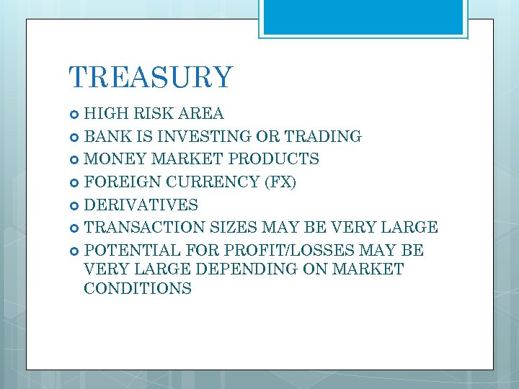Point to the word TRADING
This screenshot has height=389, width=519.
(x=324, y=137)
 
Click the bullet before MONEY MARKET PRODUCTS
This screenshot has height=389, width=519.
(x=75, y=159)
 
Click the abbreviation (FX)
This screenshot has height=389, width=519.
(x=280, y=182)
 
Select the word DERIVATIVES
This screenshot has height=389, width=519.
(x=141, y=205)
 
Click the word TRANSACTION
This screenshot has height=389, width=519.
(x=145, y=228)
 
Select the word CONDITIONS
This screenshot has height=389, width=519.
(x=138, y=289)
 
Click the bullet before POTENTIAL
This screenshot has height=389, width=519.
(x=75, y=251)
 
